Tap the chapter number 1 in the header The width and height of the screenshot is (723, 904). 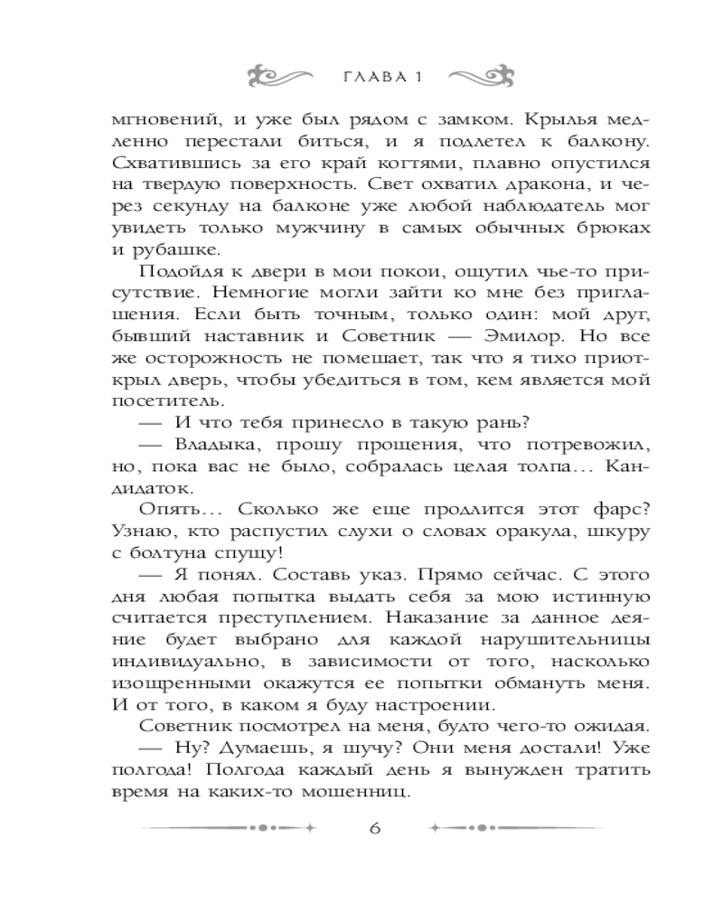pos(418,75)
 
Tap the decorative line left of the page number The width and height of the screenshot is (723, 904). pos(230,827)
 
